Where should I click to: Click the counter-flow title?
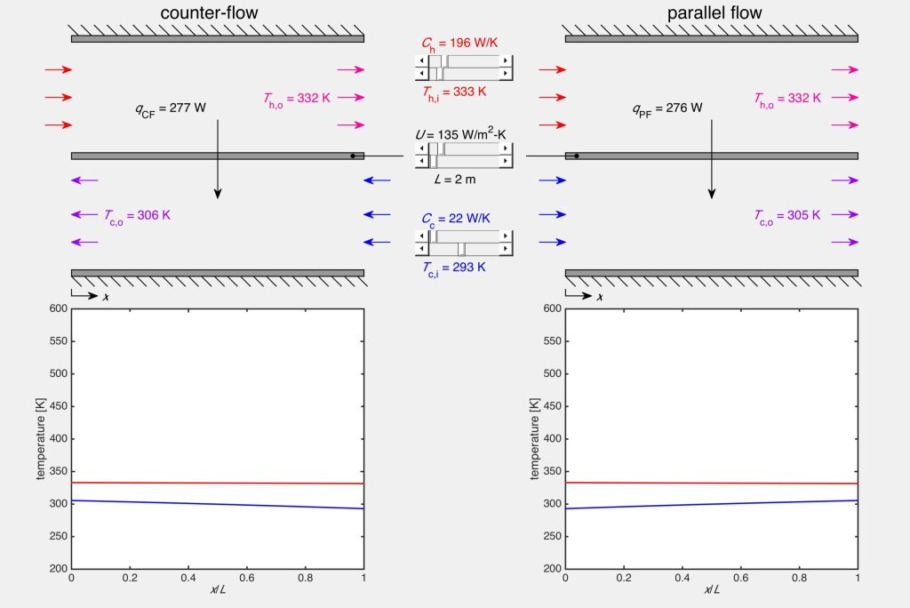pos(218,13)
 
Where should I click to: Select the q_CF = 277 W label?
pos(171,109)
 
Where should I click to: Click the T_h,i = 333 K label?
pos(454,91)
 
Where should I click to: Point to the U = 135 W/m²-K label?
pos(460,135)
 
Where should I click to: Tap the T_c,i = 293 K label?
pos(454,266)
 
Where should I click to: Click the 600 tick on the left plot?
pos(57,308)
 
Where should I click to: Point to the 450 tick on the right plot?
pos(551,406)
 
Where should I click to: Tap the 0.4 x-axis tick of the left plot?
pos(188,577)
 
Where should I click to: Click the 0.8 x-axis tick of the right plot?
pos(799,577)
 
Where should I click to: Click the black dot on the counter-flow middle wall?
pos(353,156)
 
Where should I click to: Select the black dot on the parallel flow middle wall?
pos(577,156)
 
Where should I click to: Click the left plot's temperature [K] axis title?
pos(41,437)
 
